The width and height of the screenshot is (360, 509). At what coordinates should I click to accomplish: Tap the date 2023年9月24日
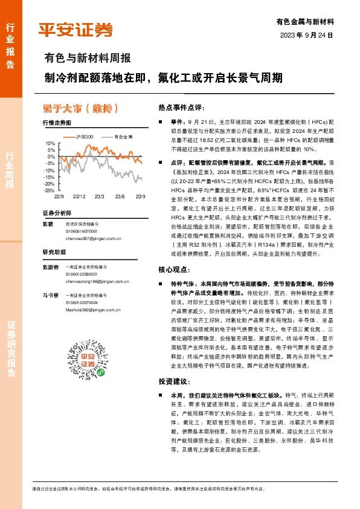pos(307,36)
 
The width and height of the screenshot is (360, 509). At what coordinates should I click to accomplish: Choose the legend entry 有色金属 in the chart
pos(124,138)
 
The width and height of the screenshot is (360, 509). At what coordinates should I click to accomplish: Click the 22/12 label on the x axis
pos(79,196)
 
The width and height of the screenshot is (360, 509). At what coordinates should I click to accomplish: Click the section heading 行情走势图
pos(57,123)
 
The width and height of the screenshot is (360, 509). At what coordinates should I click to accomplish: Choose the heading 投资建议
pos(173,382)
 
